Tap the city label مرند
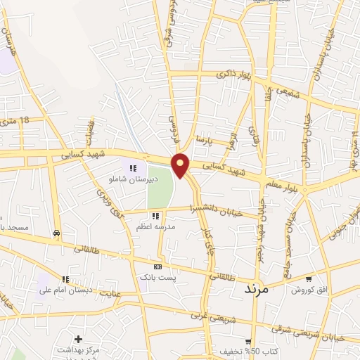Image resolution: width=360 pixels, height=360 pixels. tap(257, 289)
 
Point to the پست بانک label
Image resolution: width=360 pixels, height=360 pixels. tap(157, 278)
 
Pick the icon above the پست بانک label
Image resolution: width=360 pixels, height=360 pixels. tap(157, 267)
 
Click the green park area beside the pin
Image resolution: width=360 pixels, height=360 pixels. tap(160, 187)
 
